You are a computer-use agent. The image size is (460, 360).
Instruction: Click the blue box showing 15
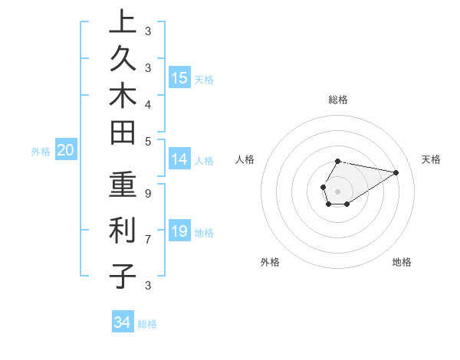click(x=179, y=77)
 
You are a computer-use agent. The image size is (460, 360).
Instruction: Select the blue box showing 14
click(x=179, y=159)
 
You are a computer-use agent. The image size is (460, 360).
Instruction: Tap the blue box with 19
click(x=179, y=231)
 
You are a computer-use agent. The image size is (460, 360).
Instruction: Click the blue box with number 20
click(x=66, y=151)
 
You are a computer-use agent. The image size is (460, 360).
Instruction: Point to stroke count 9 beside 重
click(x=147, y=193)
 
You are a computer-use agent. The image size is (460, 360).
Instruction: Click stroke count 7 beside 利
click(x=147, y=239)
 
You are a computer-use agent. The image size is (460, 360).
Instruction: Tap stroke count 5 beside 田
click(x=147, y=140)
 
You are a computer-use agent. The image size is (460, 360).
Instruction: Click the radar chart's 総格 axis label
click(x=338, y=100)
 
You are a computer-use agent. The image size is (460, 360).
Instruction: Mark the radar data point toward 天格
click(x=396, y=172)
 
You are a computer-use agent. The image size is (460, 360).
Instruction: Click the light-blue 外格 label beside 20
click(x=41, y=152)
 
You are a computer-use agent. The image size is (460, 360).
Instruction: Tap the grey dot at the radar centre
click(x=338, y=190)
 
